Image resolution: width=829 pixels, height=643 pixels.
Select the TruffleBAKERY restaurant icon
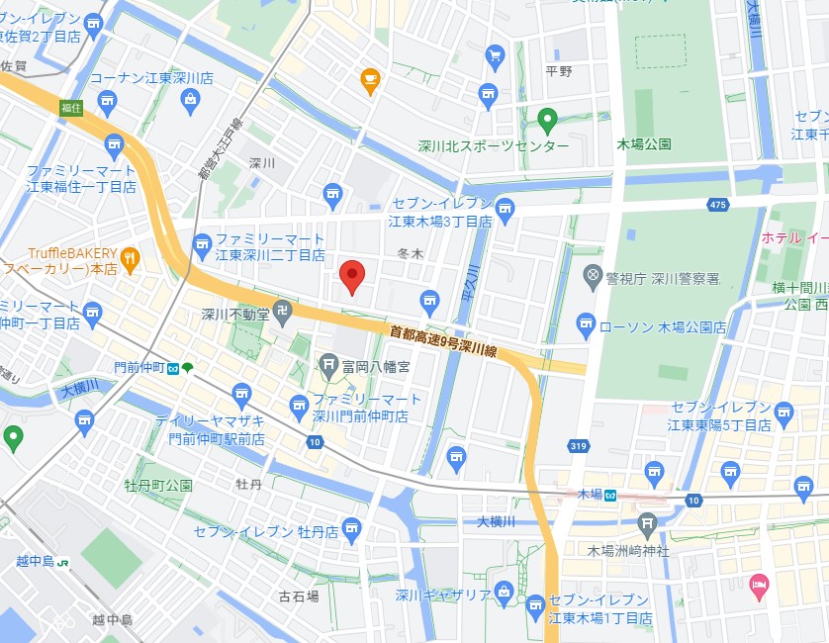[x=130, y=260]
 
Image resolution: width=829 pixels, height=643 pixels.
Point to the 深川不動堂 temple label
[x=234, y=316]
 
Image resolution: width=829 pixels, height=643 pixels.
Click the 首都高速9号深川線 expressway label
[x=442, y=337]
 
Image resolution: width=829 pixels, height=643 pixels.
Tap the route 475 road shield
[x=718, y=205]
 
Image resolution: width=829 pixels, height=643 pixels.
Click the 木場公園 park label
[x=644, y=144]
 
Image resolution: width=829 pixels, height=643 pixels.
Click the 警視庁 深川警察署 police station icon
[x=593, y=274]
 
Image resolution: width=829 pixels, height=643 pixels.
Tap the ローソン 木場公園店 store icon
[x=586, y=322]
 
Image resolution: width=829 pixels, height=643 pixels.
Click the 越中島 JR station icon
[x=63, y=562]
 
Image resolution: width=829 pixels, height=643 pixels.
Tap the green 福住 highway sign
[x=70, y=107]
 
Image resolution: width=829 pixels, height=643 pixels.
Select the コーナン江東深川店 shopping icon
[x=190, y=99]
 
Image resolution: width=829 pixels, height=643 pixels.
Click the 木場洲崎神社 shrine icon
[x=648, y=524]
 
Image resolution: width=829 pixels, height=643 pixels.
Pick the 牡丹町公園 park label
[x=158, y=486]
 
